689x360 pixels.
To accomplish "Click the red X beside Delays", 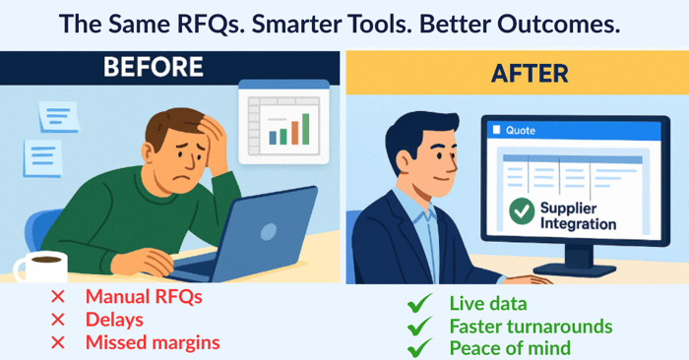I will pyautogui.click(x=58, y=320).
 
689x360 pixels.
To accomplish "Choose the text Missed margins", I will pyautogui.click(x=153, y=342).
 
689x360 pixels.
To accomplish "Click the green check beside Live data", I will pyautogui.click(x=420, y=304).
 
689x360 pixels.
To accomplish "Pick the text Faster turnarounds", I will pyautogui.click(x=531, y=326).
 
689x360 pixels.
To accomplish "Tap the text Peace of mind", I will pyautogui.click(x=509, y=347).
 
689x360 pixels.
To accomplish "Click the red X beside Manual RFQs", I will pyautogui.click(x=58, y=297).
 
